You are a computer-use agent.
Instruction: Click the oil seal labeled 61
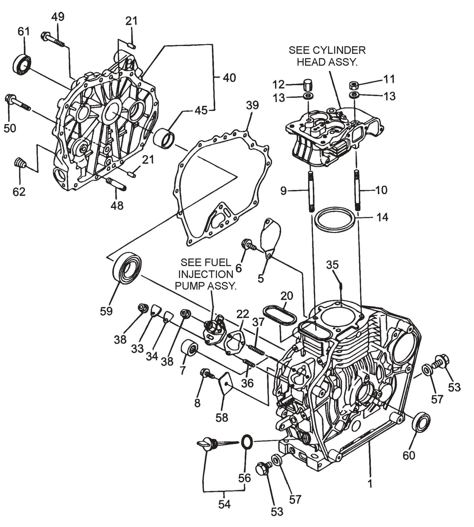click(x=22, y=64)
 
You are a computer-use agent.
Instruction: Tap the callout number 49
click(x=58, y=17)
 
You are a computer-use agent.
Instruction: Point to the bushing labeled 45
click(x=164, y=138)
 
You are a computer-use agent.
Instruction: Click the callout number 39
click(x=252, y=106)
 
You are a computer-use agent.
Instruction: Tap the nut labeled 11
click(x=354, y=86)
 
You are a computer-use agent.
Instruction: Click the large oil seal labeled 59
click(x=127, y=267)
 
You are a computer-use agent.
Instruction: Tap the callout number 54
click(x=224, y=504)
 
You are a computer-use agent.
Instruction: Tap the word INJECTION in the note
click(x=205, y=274)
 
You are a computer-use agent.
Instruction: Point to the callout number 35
click(x=332, y=264)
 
